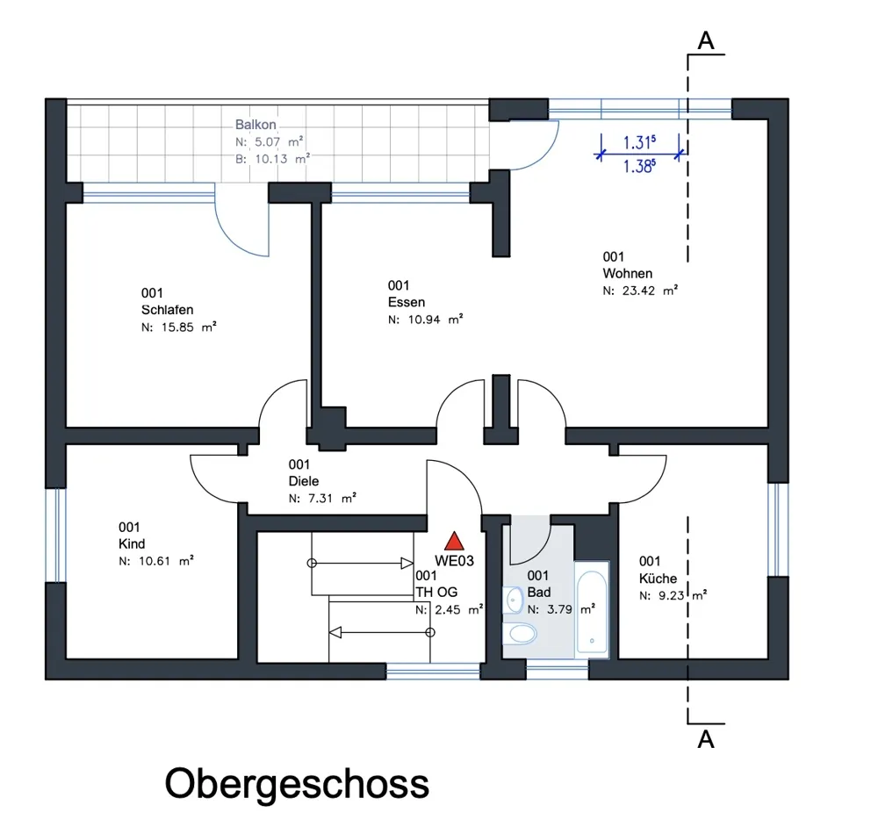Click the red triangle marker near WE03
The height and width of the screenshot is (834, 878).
pos(453,542)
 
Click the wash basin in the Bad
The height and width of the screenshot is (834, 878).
pos(514,600)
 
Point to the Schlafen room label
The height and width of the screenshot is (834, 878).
pos(167,310)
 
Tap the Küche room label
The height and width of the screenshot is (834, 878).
pos(658,579)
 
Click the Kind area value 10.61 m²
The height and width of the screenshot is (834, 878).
pos(156,559)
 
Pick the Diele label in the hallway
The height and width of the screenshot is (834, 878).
pos(303,481)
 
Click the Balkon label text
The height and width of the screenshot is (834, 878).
pos(255,126)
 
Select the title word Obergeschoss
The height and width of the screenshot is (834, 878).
pos(297,782)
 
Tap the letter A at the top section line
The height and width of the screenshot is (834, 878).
pos(704,40)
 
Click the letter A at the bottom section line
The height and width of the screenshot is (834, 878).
pos(704,740)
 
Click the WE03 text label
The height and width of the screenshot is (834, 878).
pos(455,560)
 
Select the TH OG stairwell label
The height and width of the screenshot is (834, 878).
pos(436,593)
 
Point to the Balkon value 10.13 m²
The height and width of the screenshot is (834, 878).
pos(271,159)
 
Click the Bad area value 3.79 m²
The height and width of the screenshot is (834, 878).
pos(561,607)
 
